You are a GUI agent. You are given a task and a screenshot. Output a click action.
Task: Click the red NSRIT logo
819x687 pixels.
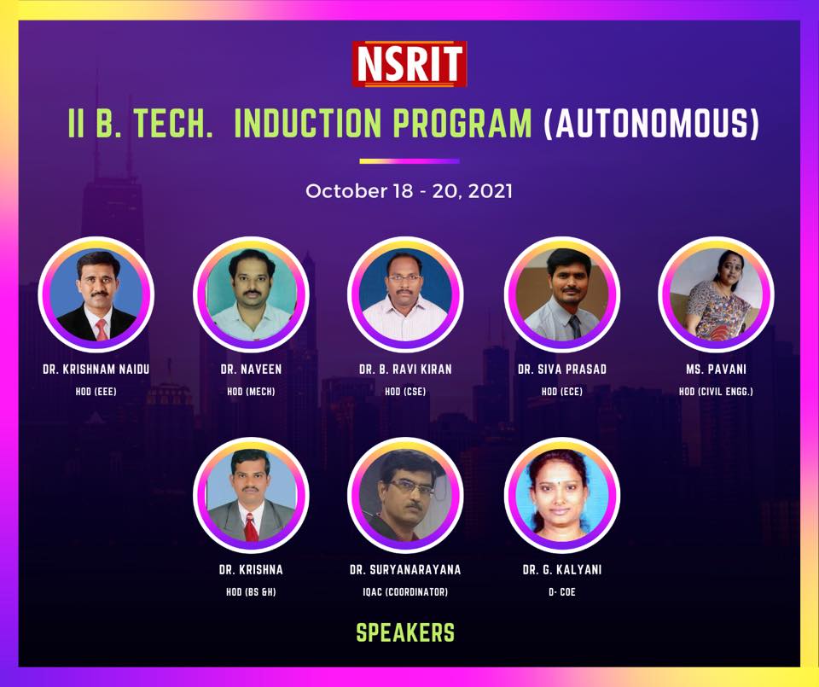(x=409, y=64)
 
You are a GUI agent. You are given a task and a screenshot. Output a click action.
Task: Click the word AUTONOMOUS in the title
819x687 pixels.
(x=651, y=123)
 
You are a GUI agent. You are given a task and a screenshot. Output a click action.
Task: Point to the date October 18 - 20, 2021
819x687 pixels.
(x=409, y=191)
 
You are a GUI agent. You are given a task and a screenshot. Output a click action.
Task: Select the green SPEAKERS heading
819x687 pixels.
(x=405, y=632)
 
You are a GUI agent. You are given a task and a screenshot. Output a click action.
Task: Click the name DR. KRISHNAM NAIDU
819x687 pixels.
(x=96, y=370)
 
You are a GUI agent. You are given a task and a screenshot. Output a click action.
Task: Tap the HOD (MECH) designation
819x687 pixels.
(x=251, y=392)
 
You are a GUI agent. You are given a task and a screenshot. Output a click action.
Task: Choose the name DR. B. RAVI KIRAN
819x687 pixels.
(x=405, y=370)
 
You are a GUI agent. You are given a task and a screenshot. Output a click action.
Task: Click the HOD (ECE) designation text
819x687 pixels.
(x=562, y=392)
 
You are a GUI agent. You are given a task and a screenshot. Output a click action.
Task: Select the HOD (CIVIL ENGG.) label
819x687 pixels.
(x=716, y=392)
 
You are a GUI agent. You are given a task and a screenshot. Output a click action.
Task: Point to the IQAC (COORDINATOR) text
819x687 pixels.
(x=405, y=592)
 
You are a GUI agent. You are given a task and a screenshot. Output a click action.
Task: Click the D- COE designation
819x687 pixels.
(x=562, y=592)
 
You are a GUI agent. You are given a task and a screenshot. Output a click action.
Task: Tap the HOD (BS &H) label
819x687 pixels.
(x=251, y=592)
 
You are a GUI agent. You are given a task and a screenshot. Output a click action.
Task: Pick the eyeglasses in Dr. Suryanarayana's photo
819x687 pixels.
(x=413, y=488)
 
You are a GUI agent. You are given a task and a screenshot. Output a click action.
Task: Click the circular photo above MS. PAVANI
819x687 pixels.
(x=716, y=294)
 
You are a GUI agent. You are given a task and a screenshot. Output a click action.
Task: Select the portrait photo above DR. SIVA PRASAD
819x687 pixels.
(x=562, y=294)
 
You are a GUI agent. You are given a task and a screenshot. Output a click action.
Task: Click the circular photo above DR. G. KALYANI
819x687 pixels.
(x=562, y=495)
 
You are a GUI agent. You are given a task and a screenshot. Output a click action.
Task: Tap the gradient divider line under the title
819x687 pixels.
(x=409, y=161)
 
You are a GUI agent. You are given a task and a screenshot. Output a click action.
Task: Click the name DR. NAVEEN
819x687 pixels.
(x=251, y=370)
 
